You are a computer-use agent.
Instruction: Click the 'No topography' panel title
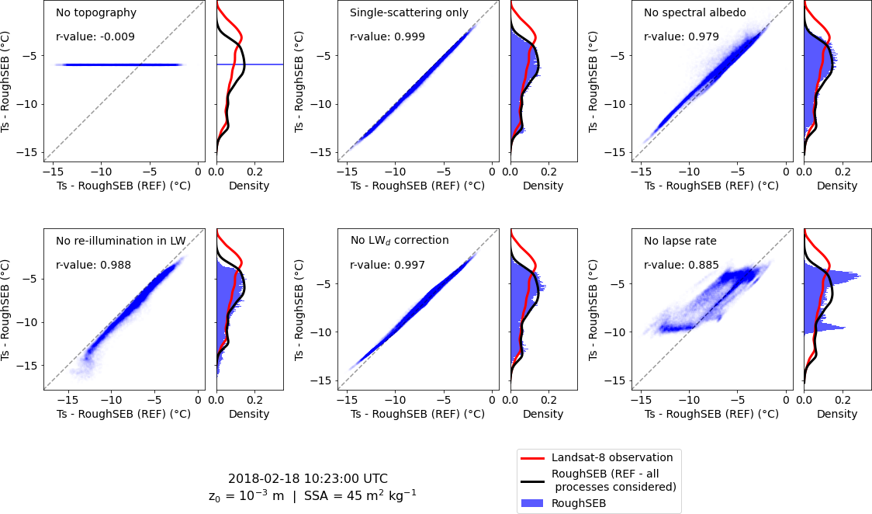click(95, 13)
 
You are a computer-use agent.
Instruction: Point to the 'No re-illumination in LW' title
click(120, 241)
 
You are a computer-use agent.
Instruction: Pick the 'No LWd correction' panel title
click(399, 241)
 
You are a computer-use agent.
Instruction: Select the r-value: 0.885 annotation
click(681, 265)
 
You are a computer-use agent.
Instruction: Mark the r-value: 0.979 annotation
click(681, 36)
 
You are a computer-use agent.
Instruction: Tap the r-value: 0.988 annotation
click(93, 265)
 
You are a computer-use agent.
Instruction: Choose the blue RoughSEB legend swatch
click(532, 503)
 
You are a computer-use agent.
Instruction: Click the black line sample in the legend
click(532, 480)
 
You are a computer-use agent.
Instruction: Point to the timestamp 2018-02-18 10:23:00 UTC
click(307, 479)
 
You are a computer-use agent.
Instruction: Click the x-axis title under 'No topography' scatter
click(123, 186)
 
